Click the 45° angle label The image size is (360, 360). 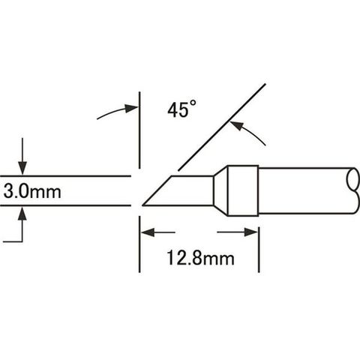point(181,109)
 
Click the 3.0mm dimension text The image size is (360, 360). point(32,192)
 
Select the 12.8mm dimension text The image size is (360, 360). point(200,258)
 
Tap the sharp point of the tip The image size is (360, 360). point(142,205)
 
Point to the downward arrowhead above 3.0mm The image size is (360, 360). point(22,169)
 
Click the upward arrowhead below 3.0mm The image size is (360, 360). point(22,213)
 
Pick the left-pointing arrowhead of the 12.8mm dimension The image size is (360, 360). point(148,232)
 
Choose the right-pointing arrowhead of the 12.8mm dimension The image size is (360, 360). point(250,232)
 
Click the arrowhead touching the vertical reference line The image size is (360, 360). point(131,108)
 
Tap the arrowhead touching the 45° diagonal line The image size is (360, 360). point(236,125)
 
